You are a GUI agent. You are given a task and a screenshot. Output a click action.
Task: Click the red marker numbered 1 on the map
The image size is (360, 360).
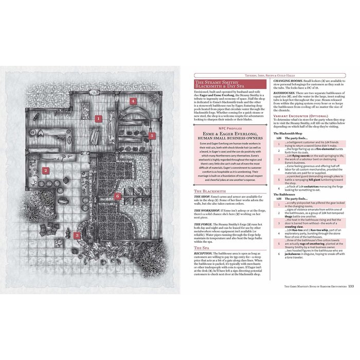point(97,118)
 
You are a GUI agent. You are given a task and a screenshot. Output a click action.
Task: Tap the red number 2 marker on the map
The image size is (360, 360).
point(45,171)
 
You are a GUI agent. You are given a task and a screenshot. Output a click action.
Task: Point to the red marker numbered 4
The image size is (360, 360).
point(133,101)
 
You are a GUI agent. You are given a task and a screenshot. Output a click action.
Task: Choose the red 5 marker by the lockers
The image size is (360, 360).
point(152,136)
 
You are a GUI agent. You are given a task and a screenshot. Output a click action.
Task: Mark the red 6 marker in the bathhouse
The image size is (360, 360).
point(117,195)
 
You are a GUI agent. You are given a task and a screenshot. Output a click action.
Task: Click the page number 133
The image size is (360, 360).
point(351,286)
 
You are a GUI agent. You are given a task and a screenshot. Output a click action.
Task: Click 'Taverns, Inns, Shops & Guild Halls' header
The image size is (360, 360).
point(309,75)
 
